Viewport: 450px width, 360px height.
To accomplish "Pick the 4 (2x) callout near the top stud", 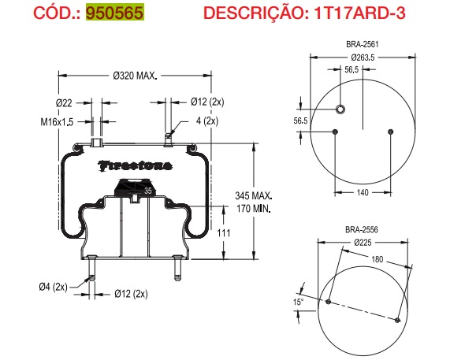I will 206,121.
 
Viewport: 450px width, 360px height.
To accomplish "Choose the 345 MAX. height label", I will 254,195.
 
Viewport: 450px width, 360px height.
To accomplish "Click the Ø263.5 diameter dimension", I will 361,58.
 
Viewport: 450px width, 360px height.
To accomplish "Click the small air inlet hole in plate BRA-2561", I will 340,109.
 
